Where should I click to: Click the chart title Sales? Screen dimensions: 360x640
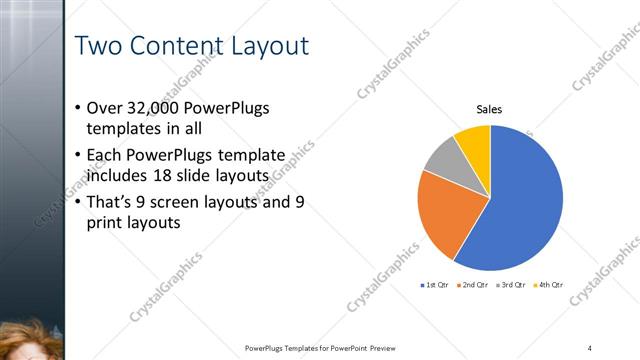489,109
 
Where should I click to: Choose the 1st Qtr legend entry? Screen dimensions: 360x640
436,285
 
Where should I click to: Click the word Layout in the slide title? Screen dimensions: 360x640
265,46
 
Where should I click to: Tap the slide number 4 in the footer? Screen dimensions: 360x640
589,347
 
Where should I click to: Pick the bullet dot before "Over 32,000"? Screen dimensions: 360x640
79,108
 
